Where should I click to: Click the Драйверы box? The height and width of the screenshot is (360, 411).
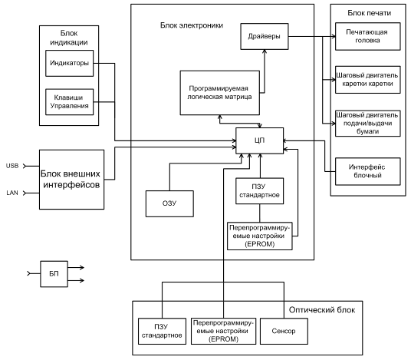(265, 36)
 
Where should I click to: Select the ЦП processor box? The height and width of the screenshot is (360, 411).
(259, 140)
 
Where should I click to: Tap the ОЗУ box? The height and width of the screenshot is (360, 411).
(169, 203)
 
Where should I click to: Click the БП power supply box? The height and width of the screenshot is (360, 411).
(54, 274)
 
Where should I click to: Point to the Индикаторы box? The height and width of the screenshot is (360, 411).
(70, 63)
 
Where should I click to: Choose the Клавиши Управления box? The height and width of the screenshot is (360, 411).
(70, 102)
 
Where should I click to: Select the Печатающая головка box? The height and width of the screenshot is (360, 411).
(368, 36)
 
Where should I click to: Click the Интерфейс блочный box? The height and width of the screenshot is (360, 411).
(368, 171)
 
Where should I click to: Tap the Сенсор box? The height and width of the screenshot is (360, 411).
(284, 331)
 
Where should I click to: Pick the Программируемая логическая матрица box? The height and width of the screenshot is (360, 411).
(220, 93)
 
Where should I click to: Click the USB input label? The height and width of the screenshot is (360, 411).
(12, 166)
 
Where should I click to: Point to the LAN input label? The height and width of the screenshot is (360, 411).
(12, 193)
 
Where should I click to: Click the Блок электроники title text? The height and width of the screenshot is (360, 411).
(192, 25)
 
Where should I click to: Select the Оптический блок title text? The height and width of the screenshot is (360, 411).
(322, 310)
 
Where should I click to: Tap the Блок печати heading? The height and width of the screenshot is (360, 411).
(370, 13)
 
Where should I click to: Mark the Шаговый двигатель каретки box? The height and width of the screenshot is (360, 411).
(368, 80)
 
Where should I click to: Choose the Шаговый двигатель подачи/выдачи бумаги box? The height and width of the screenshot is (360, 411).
(368, 123)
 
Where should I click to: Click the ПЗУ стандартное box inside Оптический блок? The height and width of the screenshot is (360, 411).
(162, 331)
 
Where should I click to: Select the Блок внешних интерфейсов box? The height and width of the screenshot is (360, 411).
(71, 180)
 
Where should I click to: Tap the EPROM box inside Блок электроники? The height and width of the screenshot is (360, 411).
(259, 236)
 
